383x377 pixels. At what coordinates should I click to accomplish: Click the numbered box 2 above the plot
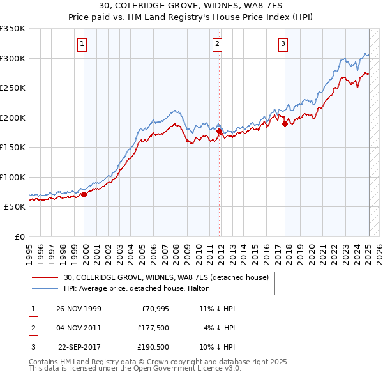tap(218, 44)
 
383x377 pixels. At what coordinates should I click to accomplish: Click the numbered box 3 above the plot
tap(283, 44)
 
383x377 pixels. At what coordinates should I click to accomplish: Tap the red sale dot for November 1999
tap(84, 194)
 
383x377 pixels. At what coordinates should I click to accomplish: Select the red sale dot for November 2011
tap(219, 131)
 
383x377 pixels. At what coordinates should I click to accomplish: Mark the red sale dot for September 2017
tap(285, 123)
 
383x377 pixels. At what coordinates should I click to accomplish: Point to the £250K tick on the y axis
tap(13, 88)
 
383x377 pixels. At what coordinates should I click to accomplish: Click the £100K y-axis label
tap(13, 177)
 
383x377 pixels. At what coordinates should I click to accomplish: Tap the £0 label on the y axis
tap(19, 236)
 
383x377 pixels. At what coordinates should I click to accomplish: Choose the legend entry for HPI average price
tap(141, 289)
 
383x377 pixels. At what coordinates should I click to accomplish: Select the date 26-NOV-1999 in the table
tap(79, 309)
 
